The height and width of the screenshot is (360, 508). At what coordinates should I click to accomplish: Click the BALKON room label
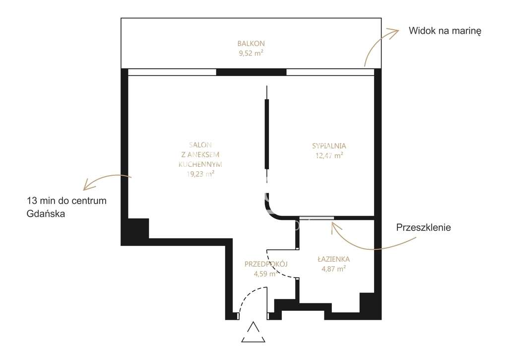point(251,43)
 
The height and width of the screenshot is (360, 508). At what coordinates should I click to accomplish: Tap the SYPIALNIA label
point(328,146)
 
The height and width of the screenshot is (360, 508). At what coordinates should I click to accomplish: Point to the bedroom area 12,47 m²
point(328,155)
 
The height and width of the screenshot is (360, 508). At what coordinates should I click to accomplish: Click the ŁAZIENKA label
point(333,259)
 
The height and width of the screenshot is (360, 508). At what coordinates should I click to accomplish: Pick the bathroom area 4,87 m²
point(333,269)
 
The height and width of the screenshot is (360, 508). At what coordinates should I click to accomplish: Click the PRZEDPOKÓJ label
point(266,264)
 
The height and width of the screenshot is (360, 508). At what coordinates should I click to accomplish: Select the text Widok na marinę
point(445,31)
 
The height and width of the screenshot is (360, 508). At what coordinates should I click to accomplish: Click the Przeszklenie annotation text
point(423,228)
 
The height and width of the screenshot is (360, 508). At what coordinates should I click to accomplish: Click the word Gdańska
point(47,214)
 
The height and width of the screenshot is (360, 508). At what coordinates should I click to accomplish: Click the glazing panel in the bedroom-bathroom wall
point(317,218)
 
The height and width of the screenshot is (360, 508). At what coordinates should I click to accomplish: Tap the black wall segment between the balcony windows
point(251,72)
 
